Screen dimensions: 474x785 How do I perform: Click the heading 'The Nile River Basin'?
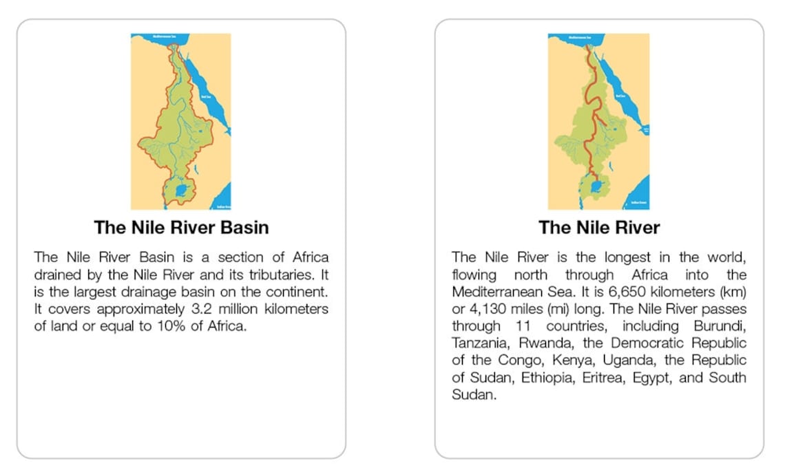[181, 227]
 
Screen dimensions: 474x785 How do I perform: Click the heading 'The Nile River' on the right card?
[599, 227]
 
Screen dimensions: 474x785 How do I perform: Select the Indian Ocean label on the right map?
[638, 203]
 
